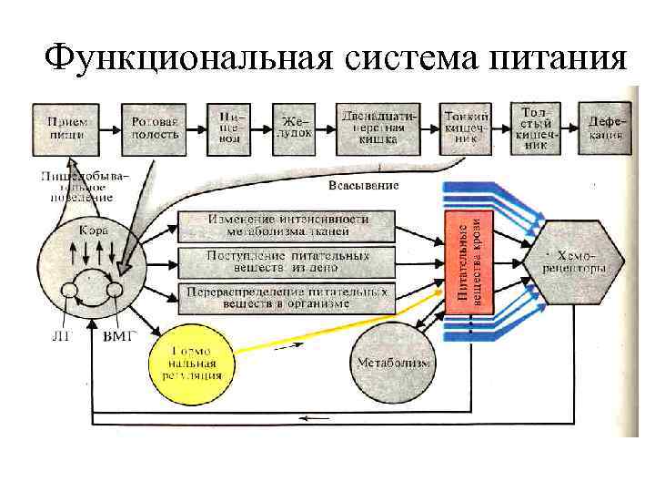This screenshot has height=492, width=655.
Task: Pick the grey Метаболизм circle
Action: tap(394, 363)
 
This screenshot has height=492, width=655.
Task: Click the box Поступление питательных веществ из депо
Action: tap(287, 261)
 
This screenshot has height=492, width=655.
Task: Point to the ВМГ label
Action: tap(120, 335)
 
